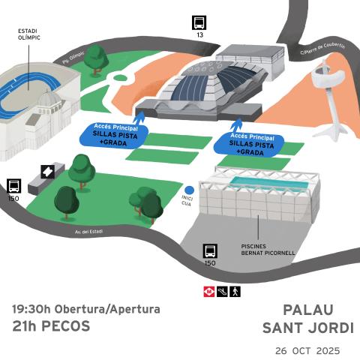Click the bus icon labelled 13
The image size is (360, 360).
pos(199,22)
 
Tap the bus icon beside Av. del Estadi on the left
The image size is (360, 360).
pos(13,185)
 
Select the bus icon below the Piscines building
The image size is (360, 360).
pos(210,251)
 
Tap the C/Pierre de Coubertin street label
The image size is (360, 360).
pos(322,49)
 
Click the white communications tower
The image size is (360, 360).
pos(328,79)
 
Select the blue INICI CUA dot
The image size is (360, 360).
pos(189,190)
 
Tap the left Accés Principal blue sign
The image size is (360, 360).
pos(113,135)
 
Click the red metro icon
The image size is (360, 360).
pos(209,290)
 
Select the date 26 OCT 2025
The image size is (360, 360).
pos(307,350)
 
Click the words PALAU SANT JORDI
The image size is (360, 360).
pos(308,319)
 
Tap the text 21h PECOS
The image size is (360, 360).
pos(51,326)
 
